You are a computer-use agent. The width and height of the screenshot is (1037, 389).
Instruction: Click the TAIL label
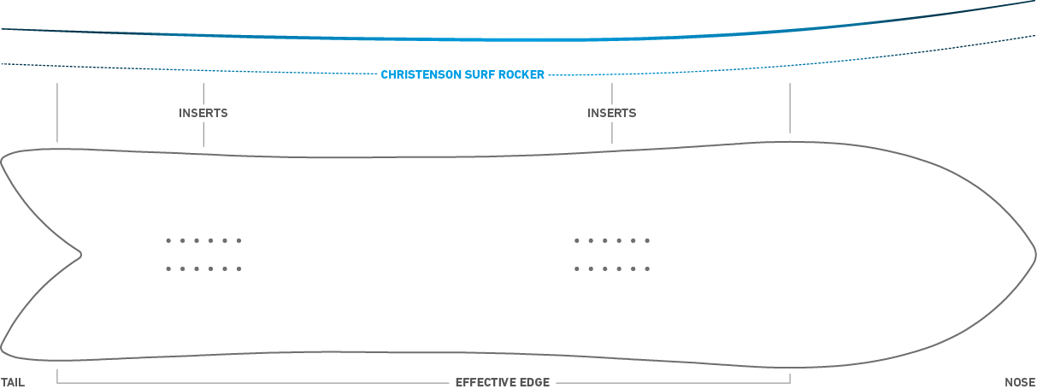[x=13, y=382]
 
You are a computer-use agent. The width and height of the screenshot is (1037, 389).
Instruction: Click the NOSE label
[x=1020, y=382]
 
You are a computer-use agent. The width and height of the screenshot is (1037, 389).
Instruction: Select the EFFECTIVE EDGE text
[x=503, y=382]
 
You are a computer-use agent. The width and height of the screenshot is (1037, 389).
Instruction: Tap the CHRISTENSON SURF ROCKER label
[x=463, y=74]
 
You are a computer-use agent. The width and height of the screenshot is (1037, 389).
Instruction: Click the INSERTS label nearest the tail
[x=203, y=113]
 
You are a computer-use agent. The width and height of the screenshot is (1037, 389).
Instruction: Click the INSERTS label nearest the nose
[x=611, y=113]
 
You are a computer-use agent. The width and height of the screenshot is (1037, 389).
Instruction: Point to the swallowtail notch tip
[x=81, y=254]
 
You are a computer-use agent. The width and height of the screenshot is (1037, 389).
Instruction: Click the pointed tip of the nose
[x=1035, y=256]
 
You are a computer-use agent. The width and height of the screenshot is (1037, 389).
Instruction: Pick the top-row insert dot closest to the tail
[x=168, y=240]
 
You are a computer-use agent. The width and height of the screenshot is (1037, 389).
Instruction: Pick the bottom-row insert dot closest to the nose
[x=647, y=268]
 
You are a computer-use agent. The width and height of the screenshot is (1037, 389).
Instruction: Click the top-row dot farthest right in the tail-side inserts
[x=239, y=240]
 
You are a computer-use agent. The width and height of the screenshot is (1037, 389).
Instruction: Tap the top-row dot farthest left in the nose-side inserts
[x=577, y=240]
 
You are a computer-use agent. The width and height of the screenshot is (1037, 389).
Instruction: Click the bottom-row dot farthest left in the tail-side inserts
[x=168, y=268]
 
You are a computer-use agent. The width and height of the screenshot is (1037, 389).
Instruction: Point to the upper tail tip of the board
[x=2, y=161]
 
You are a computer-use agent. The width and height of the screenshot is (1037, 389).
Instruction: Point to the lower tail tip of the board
[x=2, y=348]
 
